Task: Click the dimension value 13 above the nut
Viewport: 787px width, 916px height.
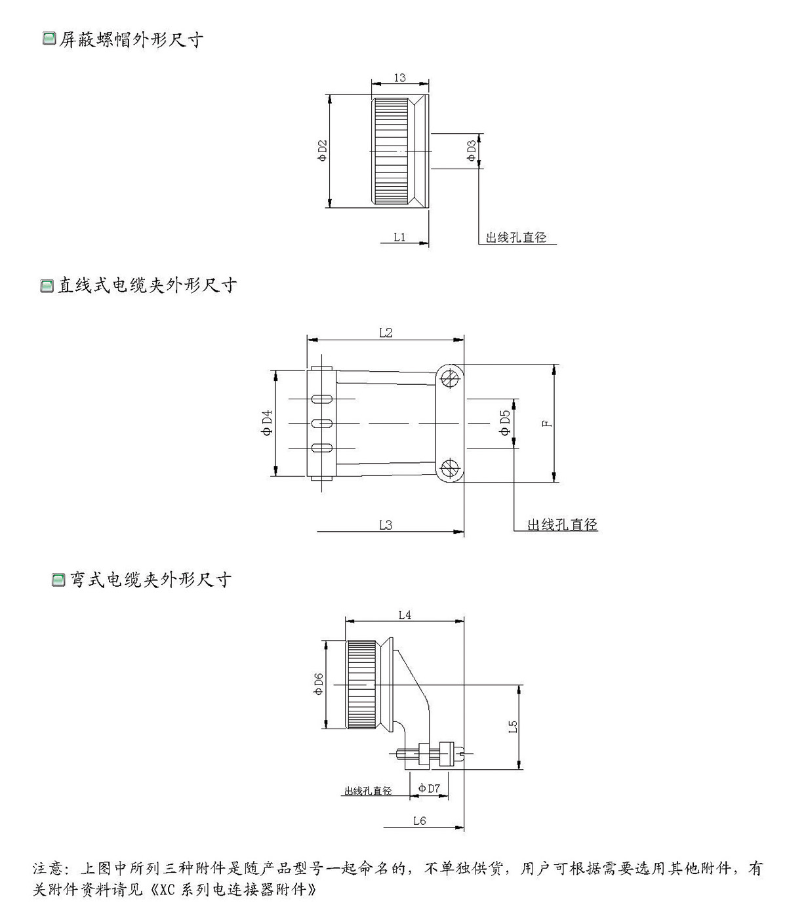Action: pyautogui.click(x=399, y=77)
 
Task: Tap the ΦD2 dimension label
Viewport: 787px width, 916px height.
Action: pyautogui.click(x=322, y=151)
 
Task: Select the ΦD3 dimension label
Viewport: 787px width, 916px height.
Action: pyautogui.click(x=472, y=151)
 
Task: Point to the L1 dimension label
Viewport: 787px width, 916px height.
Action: pyautogui.click(x=399, y=237)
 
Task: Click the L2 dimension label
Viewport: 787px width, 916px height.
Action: pyautogui.click(x=386, y=333)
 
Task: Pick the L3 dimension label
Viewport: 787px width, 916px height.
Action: pyautogui.click(x=386, y=525)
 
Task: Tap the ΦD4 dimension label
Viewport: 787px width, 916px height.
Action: pyautogui.click(x=267, y=423)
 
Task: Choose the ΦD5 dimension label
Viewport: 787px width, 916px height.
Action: pyautogui.click(x=505, y=423)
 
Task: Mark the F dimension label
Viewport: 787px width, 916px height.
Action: pyautogui.click(x=547, y=423)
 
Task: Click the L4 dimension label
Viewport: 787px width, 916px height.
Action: pyautogui.click(x=405, y=614)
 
